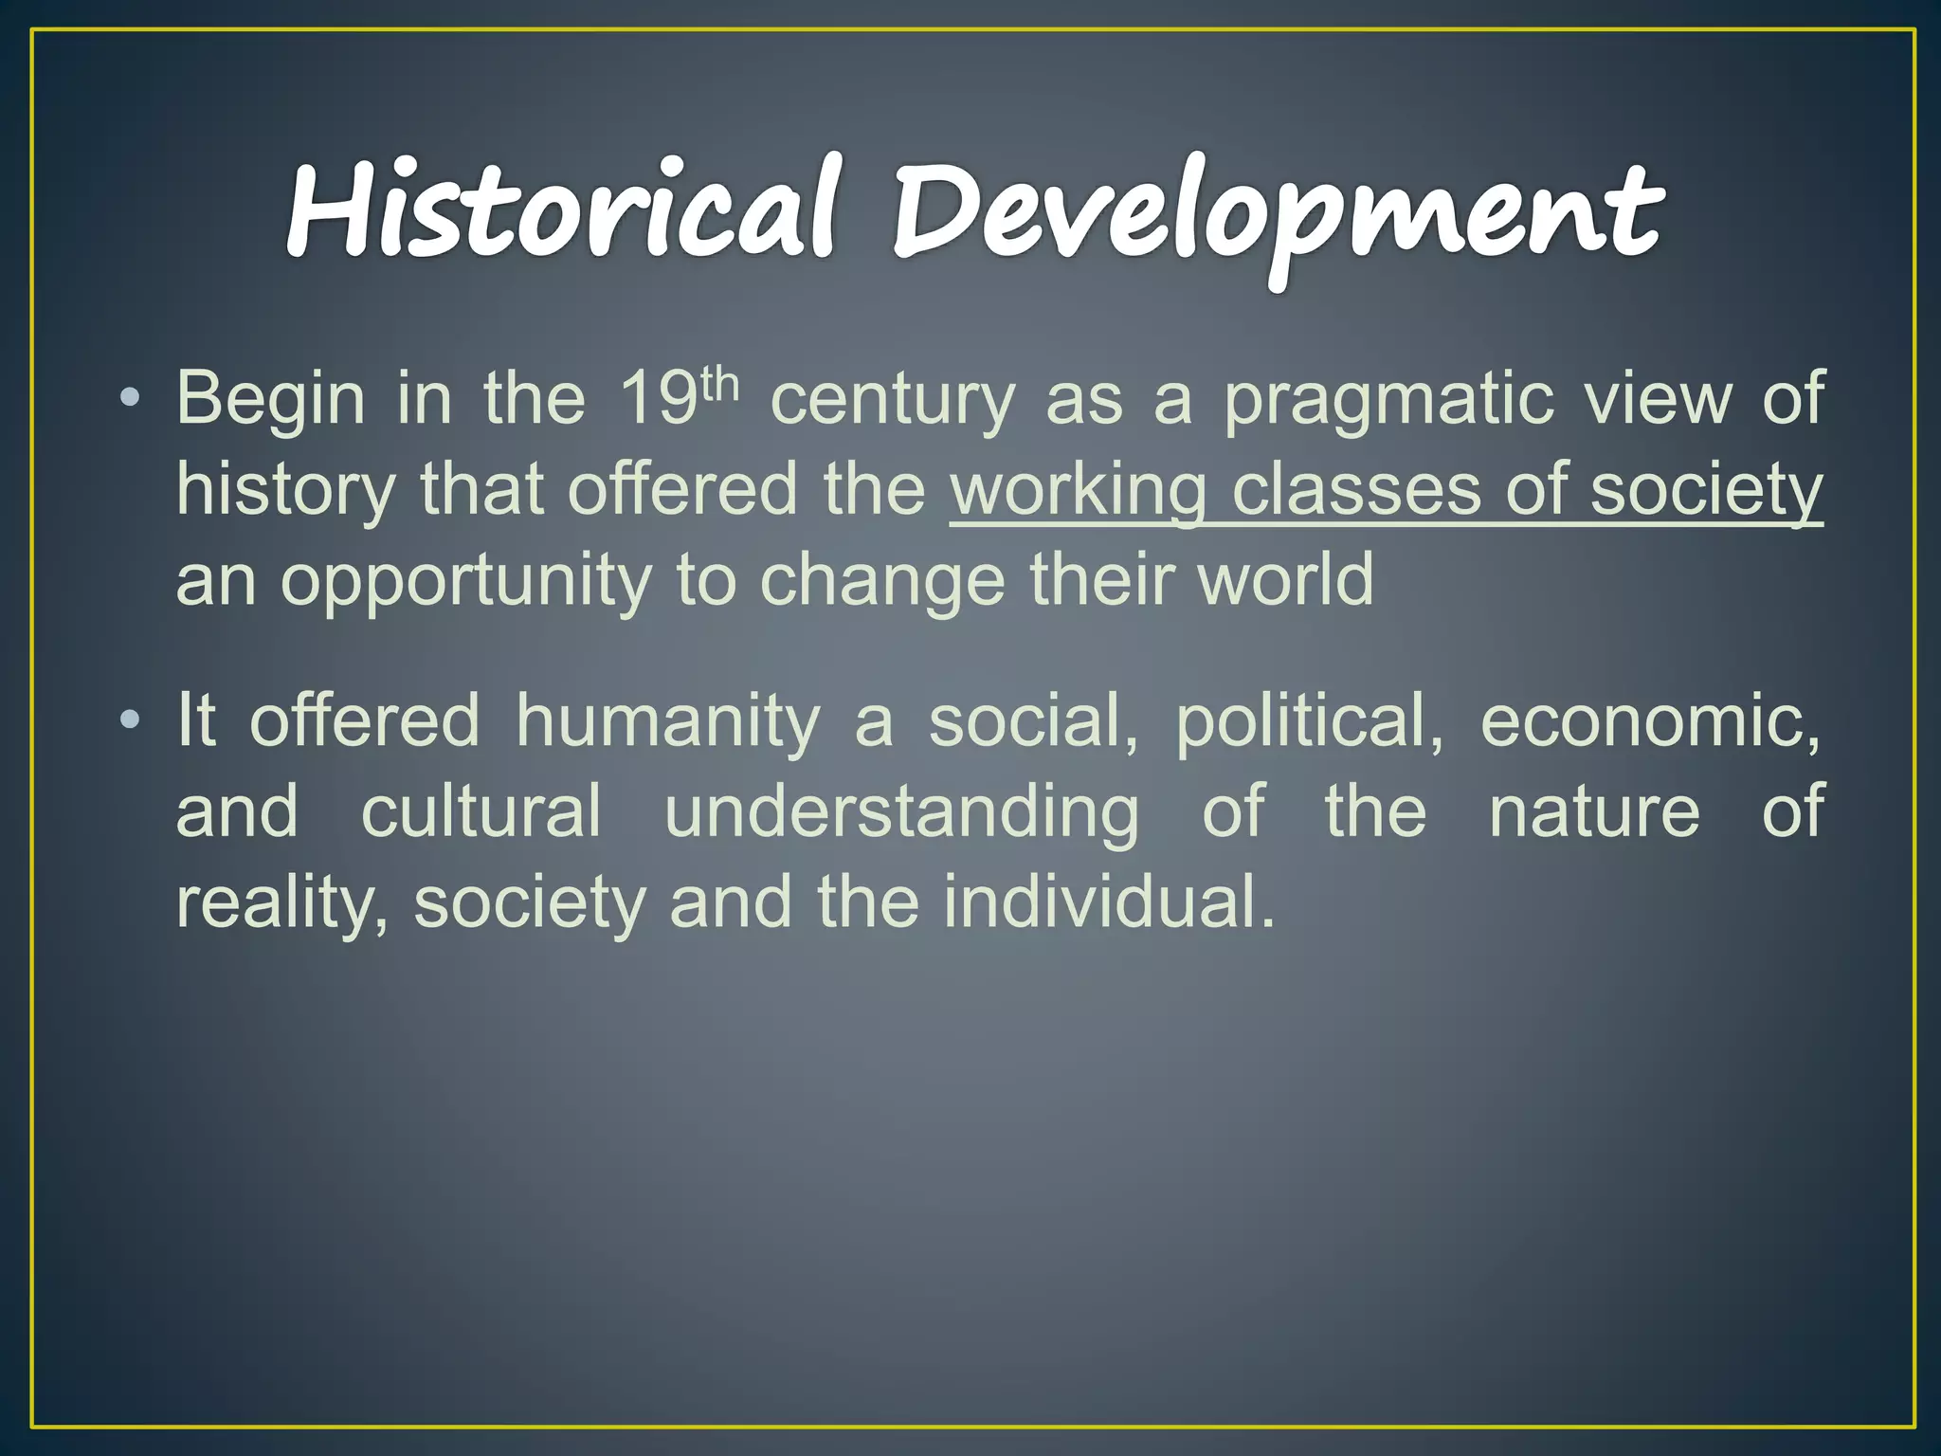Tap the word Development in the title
click(1276, 214)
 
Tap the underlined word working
click(1078, 492)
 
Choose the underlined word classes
click(1355, 490)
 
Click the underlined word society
click(1706, 492)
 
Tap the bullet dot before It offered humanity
click(130, 720)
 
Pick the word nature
click(1594, 812)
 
